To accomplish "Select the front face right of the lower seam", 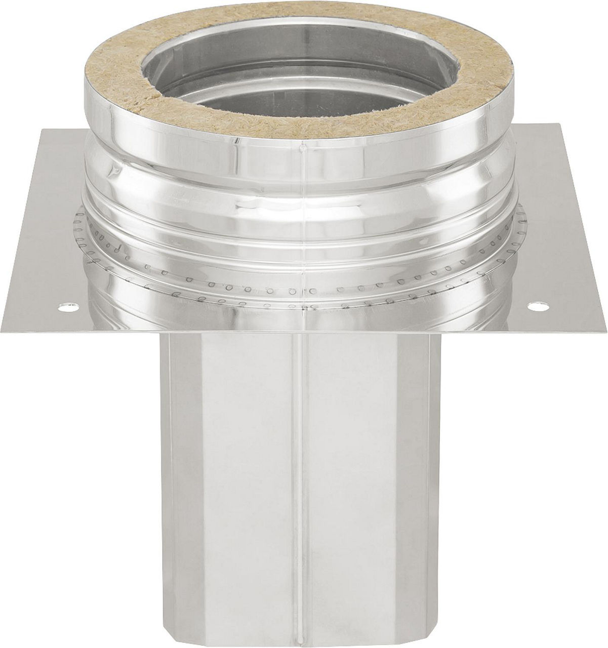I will pos(364,481).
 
